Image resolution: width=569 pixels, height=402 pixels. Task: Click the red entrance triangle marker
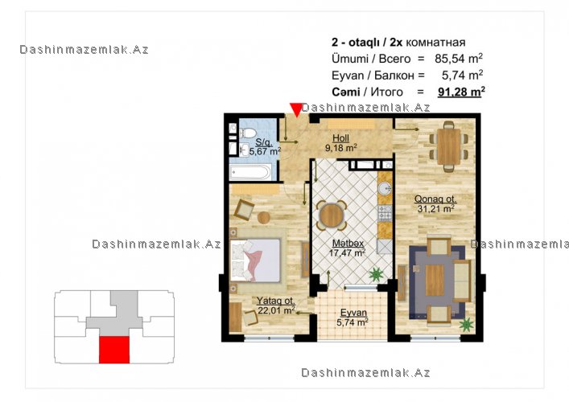point(296,109)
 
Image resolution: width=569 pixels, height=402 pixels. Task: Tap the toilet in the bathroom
point(248,133)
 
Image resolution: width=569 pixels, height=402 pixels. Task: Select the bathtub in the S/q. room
point(251,172)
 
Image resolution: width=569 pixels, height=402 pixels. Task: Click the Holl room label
point(340,137)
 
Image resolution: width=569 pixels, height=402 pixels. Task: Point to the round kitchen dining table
point(332,215)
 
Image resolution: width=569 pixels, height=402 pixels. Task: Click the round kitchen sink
point(385,189)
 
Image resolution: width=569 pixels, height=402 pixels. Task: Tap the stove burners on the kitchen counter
point(385,213)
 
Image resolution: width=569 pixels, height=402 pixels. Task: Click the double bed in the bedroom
point(255,260)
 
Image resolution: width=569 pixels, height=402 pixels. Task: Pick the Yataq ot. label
point(275,301)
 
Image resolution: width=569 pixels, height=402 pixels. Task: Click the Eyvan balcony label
point(353,313)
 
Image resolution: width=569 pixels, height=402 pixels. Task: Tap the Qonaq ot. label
point(435,199)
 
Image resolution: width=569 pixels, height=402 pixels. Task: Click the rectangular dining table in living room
point(448,146)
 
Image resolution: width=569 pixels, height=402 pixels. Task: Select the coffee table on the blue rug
point(435,280)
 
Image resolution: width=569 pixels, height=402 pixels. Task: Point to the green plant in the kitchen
point(376,274)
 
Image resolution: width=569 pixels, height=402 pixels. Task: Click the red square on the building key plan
point(114,350)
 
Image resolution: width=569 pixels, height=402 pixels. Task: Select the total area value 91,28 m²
point(461,92)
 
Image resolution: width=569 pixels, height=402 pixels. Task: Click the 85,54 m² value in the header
point(458,59)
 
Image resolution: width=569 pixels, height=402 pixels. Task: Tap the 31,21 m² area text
point(435,208)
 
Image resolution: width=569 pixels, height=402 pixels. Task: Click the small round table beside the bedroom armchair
point(264,218)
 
